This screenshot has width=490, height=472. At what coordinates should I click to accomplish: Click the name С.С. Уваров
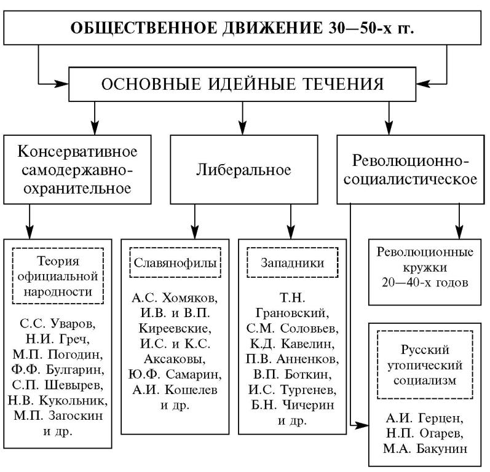point(58,323)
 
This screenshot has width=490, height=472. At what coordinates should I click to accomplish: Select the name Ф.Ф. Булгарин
point(58,369)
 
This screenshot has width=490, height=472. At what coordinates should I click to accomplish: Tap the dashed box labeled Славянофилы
point(175,262)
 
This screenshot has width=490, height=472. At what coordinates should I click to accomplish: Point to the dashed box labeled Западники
point(292,262)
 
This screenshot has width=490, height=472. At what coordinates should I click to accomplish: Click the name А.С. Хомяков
point(175,297)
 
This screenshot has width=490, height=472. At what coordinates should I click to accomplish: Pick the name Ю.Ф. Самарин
point(175,374)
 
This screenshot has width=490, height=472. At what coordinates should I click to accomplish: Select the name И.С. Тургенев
point(292,390)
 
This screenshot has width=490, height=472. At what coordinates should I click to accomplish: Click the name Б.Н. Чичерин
point(292,405)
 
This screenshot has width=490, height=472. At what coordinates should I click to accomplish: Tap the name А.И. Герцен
point(424,418)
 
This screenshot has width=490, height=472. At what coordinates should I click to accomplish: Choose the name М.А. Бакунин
point(425,449)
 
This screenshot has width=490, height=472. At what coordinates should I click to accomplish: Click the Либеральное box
point(243,170)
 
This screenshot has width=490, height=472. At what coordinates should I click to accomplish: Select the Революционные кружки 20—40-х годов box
point(425,272)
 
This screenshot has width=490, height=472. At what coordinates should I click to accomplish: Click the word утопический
point(425,366)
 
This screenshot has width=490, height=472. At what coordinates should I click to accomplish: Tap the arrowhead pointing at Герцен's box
point(363,425)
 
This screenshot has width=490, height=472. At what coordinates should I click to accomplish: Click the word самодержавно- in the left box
point(77,170)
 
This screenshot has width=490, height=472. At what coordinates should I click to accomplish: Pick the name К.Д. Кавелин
point(292,344)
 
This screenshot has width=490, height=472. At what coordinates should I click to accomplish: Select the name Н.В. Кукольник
point(58,400)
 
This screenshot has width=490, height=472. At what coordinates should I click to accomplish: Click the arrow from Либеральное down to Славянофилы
point(195,222)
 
